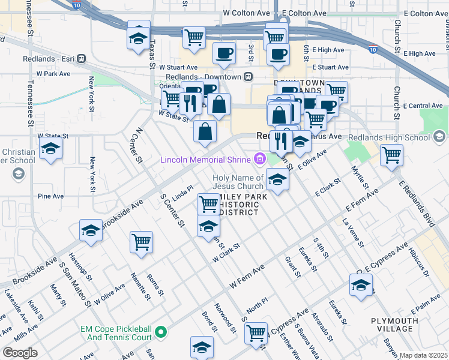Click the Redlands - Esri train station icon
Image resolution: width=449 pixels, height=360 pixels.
(x=81, y=59)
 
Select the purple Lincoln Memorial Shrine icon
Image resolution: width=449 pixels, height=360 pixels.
(x=259, y=159)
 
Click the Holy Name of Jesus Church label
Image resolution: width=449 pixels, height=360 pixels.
(x=238, y=182)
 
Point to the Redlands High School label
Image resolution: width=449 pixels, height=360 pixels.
(x=396, y=137)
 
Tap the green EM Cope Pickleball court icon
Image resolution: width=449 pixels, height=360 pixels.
(x=160, y=332)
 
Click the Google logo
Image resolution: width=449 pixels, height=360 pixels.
(x=20, y=353)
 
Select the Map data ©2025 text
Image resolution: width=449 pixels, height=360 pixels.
(x=424, y=355)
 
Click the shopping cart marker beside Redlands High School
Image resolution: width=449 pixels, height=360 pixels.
(x=391, y=155)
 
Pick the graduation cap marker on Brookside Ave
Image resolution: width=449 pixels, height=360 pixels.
(x=91, y=231)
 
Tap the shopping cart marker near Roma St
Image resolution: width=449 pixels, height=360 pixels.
(x=142, y=243)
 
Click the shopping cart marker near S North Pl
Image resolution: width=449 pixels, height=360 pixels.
(x=256, y=332)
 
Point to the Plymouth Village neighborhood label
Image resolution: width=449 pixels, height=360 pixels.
(x=394, y=325)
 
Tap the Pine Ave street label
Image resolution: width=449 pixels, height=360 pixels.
(x=50, y=196)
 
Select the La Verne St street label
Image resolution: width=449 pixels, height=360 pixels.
(x=353, y=233)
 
